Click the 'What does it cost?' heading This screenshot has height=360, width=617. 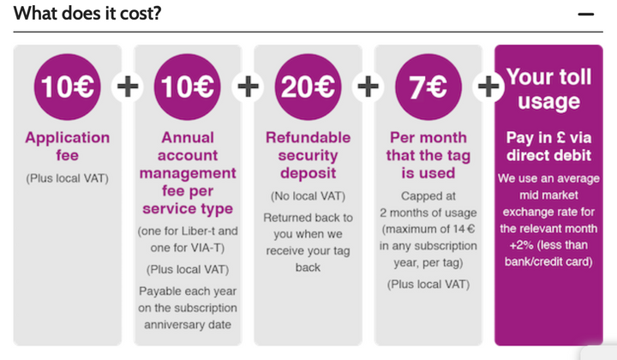[x=87, y=14]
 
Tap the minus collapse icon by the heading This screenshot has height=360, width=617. [x=586, y=15]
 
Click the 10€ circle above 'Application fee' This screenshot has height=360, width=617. [x=68, y=87]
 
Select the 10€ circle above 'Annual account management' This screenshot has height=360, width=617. [x=188, y=87]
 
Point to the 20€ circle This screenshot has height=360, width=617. [x=308, y=87]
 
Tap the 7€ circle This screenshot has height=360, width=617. [x=428, y=87]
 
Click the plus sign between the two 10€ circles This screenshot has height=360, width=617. [x=128, y=87]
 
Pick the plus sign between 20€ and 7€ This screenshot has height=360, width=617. [x=368, y=87]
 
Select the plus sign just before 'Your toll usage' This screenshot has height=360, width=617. [x=488, y=87]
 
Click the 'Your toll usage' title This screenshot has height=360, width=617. [x=549, y=89]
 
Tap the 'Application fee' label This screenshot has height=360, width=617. [x=68, y=146]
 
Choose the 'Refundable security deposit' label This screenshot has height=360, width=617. [x=308, y=155]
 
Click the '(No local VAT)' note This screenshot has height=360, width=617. [x=308, y=196]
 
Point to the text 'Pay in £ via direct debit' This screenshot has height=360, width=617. [x=549, y=146]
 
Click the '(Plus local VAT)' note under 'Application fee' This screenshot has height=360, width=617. [x=68, y=178]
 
